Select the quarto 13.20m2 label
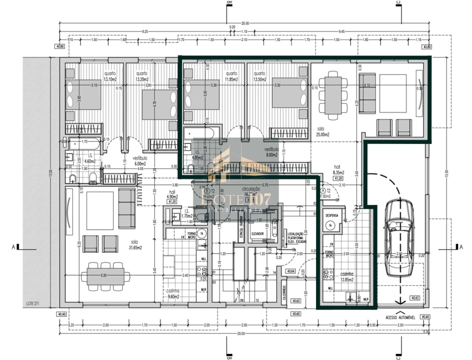click(x=141, y=76)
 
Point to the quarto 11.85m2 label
click(x=230, y=76)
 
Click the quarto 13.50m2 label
click(x=259, y=76)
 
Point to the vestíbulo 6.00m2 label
click(x=139, y=160)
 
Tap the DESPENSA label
click(x=332, y=215)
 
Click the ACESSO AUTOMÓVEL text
click(x=401, y=317)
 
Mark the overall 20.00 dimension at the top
click(x=244, y=23)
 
